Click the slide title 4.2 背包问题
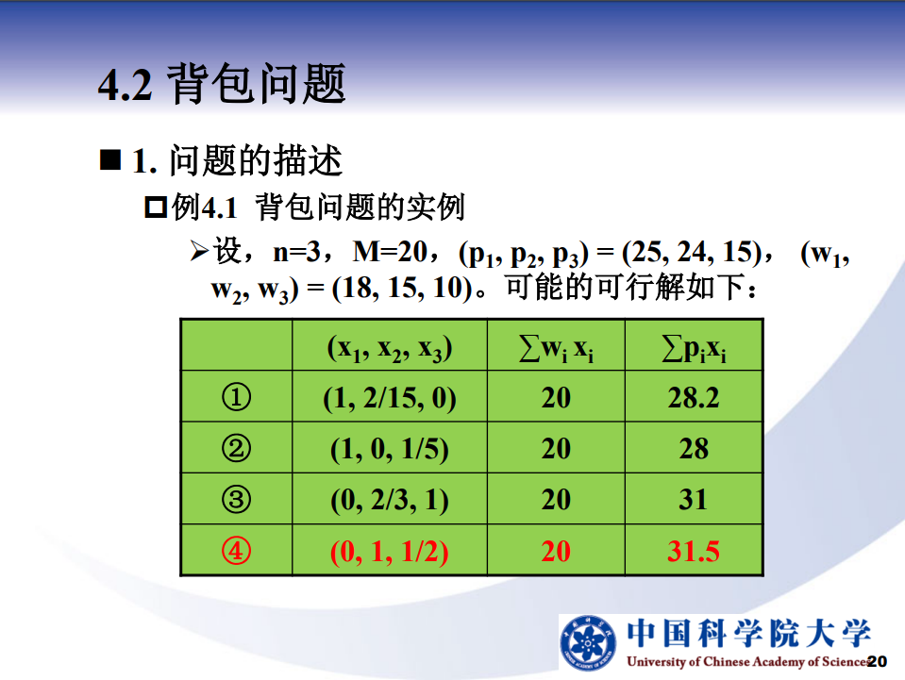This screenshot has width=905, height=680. point(222,84)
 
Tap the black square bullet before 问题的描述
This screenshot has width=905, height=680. point(110,159)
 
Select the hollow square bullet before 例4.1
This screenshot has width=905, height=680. point(156,207)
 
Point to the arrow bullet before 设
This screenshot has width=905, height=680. point(199,252)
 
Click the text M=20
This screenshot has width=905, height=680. point(390,252)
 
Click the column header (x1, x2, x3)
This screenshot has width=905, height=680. point(390,348)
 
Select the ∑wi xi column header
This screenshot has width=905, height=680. point(556,348)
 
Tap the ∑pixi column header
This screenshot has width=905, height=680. point(694,348)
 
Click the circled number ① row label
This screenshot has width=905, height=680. point(236,397)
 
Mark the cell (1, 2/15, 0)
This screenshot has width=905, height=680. point(390,398)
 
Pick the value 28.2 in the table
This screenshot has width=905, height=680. point(694,397)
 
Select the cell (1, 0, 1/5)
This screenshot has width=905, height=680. point(390,449)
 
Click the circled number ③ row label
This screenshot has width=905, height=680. point(236,499)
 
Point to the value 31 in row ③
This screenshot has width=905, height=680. point(694,500)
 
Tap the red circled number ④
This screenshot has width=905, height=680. point(236,550)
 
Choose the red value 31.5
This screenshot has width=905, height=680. point(694,551)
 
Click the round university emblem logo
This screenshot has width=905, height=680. point(588,643)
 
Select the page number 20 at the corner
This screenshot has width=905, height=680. point(877,661)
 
